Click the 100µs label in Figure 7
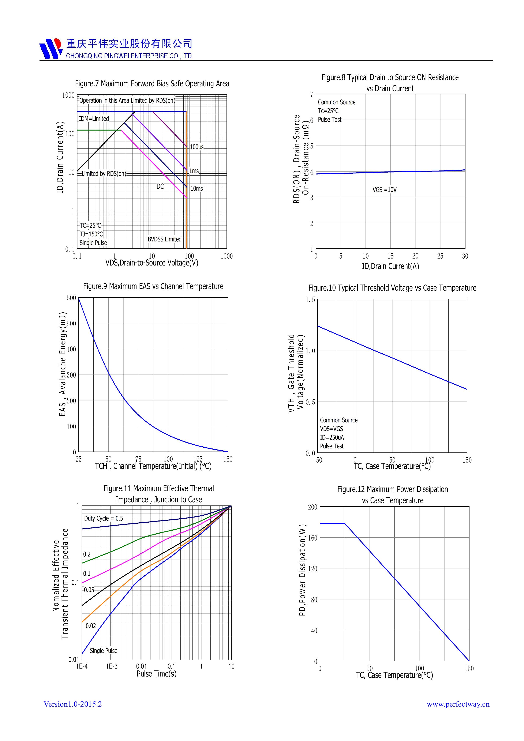(197, 147)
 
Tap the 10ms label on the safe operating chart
(197, 189)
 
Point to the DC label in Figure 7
(160, 187)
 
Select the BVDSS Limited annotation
(165, 239)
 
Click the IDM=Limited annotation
(94, 119)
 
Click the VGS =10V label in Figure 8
(385, 190)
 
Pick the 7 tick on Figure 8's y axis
(312, 95)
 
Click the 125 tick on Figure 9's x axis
(198, 459)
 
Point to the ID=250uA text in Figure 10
(332, 438)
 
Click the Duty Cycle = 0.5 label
(104, 519)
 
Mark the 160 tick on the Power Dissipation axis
(312, 538)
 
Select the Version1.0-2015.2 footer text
(73, 704)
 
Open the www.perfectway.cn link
(458, 704)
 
